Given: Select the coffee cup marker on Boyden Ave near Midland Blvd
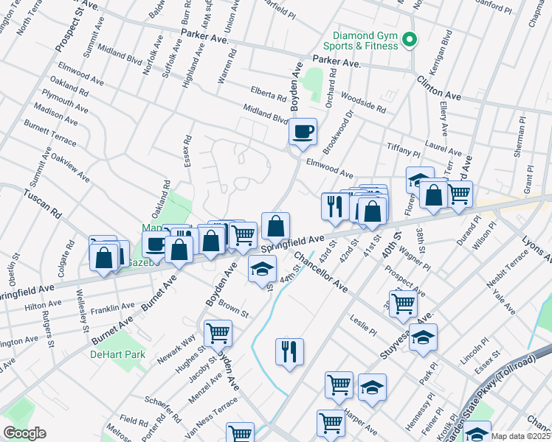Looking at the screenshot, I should coord(303,133).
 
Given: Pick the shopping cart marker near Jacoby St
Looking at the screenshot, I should coord(218,334).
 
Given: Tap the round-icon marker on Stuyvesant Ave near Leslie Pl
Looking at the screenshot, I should coord(424,338).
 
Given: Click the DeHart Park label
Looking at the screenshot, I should coord(118,354).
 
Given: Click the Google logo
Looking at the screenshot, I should coord(24,433).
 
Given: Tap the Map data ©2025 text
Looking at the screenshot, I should coord(520,436).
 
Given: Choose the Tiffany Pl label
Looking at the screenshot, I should coord(403,151).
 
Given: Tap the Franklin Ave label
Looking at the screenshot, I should coord(113,307).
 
